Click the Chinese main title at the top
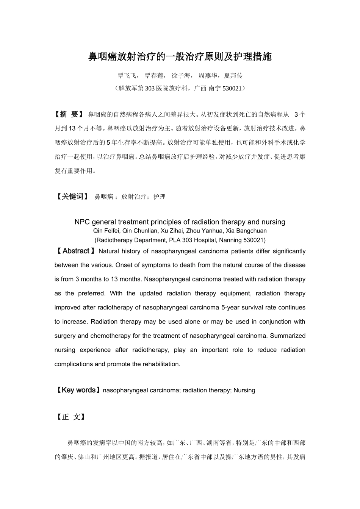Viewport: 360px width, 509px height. [180, 57]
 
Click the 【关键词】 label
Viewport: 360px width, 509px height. [72, 197]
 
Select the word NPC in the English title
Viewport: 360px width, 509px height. [82, 222]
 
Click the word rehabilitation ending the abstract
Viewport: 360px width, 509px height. [161, 364]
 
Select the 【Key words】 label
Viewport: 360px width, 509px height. [78, 390]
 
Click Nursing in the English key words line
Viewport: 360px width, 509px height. [244, 390]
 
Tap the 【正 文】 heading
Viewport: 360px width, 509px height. [70, 417]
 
